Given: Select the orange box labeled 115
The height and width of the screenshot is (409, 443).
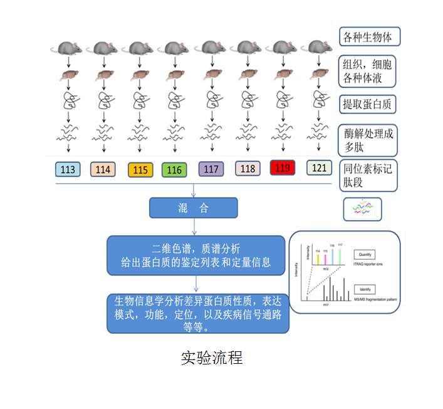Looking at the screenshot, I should click(141, 169).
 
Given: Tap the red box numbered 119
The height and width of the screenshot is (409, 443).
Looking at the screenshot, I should click(283, 167).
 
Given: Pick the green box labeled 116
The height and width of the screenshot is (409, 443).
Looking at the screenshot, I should click(175, 169).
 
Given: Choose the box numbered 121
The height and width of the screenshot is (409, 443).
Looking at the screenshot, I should click(319, 167).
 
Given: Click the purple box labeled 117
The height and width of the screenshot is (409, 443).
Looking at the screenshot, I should click(211, 169).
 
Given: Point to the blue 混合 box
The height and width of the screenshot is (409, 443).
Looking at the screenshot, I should click(193, 208).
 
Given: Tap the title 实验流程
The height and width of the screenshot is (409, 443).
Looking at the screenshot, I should click(211, 358).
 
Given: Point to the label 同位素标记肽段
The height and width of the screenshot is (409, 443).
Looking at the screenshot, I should click(368, 176).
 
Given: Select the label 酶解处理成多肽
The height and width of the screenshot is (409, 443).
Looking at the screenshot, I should click(368, 140).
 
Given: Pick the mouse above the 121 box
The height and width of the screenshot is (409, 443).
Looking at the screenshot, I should click(319, 46).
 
